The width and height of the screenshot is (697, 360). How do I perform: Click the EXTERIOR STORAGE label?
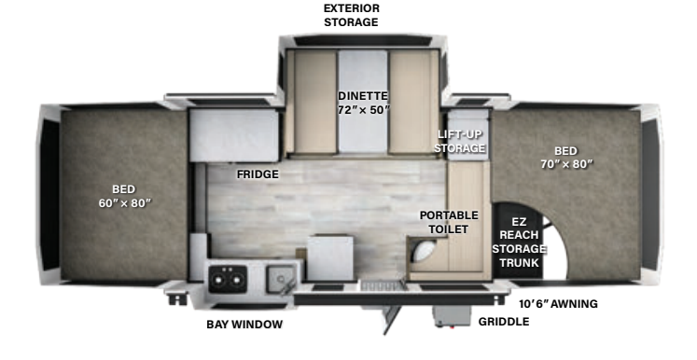click(x=351, y=15)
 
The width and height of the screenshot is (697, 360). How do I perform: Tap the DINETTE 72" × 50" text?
click(x=363, y=103)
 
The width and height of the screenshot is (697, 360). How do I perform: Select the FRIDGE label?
click(x=257, y=173)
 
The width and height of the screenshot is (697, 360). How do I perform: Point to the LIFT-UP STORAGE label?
click(x=461, y=141)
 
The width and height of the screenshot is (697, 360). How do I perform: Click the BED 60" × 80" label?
click(x=124, y=196)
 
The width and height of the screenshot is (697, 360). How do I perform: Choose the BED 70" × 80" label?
click(x=565, y=157)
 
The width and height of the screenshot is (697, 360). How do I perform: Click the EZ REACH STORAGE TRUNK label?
click(x=518, y=242)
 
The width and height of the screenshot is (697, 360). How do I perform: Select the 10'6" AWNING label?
click(x=558, y=303)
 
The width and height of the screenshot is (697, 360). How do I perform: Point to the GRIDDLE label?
click(x=503, y=322)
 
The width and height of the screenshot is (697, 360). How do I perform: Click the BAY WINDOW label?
click(x=244, y=325)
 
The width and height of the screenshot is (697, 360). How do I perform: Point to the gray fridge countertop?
click(x=234, y=134)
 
